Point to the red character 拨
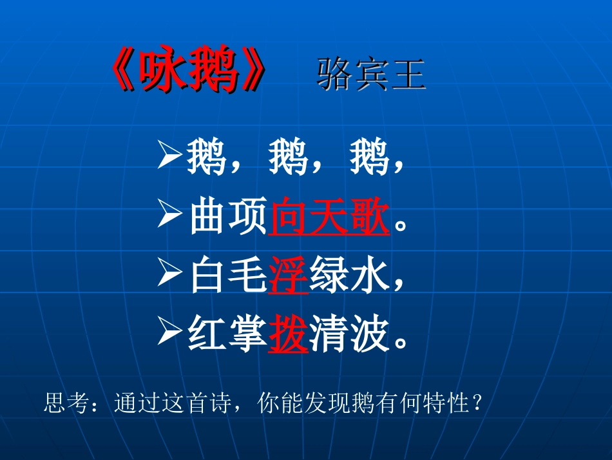[287, 335]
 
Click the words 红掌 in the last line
[227, 335]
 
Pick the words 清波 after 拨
[350, 335]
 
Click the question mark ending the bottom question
[477, 404]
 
